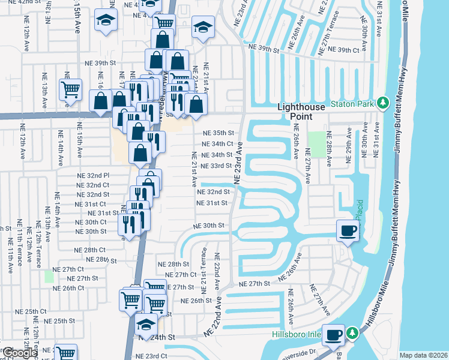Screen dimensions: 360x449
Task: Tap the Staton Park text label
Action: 358,103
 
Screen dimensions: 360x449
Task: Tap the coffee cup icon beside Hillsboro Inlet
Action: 334,335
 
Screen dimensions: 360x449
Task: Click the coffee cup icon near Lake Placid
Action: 348,231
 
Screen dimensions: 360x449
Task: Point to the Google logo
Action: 19,353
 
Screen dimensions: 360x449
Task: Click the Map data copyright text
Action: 423,355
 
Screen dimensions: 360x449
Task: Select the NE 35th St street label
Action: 217,133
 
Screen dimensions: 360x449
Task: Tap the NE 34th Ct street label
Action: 217,144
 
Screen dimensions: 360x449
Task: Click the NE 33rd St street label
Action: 216,166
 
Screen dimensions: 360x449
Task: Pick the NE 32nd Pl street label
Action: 93,175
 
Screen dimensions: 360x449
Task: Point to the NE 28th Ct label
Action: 89,250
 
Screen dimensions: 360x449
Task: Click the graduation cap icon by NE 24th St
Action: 145,325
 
